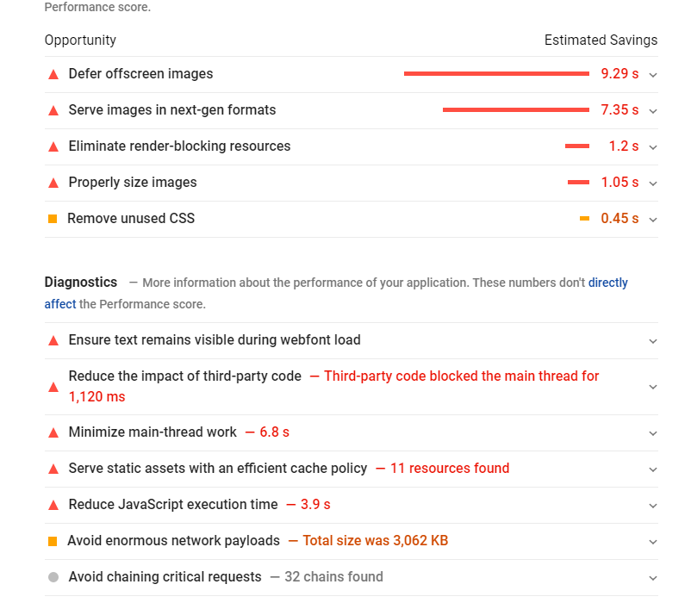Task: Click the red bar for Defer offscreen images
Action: click(496, 74)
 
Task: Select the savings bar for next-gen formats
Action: click(515, 110)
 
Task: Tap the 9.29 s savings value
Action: click(619, 74)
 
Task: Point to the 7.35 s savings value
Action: click(619, 110)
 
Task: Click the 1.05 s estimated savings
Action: click(619, 183)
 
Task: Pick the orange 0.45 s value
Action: click(619, 219)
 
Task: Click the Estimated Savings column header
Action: click(601, 40)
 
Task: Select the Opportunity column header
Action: click(80, 40)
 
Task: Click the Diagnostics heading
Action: click(81, 282)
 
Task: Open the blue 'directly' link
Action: click(607, 283)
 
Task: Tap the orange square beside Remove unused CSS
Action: click(53, 219)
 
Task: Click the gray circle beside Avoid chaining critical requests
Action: click(53, 577)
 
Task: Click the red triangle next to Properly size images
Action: click(53, 183)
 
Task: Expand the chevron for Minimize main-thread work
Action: click(652, 433)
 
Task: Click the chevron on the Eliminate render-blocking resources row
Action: click(652, 147)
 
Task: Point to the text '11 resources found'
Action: click(450, 469)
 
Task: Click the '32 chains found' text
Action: click(333, 577)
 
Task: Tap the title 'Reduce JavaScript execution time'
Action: click(173, 505)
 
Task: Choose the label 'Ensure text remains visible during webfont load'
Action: click(215, 340)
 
